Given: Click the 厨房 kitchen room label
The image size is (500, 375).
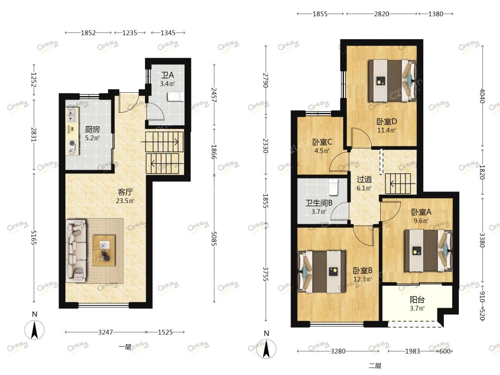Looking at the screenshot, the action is tap(92, 129).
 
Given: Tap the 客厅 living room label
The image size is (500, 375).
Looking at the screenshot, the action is tap(125, 192).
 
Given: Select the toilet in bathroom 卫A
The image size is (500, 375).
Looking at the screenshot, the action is tap(176, 97).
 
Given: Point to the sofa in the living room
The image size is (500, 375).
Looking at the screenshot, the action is tap(76, 250).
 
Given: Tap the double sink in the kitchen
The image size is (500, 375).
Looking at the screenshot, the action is tap(72, 115).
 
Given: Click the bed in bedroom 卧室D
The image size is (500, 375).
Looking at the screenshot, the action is tap(392, 81).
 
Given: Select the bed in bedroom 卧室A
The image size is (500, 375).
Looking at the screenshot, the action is tap(428, 250).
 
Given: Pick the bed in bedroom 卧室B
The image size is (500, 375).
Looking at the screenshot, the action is tap(321, 272).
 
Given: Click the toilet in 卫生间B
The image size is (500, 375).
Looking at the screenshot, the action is tap(333, 187).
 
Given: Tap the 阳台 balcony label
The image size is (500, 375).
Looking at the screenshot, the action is tap(417, 300).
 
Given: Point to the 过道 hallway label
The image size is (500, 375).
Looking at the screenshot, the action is tap(364, 180).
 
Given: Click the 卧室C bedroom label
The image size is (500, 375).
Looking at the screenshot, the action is tap(322, 142).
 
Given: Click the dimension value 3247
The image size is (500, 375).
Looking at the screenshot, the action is tap(105, 332).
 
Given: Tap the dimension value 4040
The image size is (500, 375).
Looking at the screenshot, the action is tap(482, 96).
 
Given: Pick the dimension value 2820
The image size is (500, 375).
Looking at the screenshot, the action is tap(381, 14).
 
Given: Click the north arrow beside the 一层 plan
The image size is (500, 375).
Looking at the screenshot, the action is tap(35, 330).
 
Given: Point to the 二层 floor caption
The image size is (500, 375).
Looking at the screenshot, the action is tap(375, 366).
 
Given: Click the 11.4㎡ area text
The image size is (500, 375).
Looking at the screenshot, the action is tap(387, 130).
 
